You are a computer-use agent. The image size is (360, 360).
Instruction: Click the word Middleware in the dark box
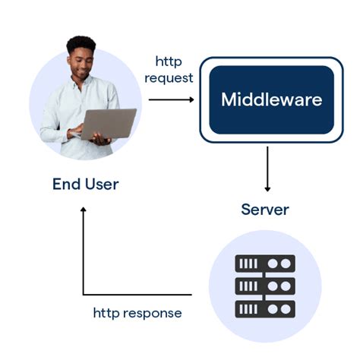(x=271, y=99)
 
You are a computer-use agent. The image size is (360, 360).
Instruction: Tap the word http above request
(x=169, y=61)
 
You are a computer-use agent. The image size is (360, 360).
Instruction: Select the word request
(x=169, y=77)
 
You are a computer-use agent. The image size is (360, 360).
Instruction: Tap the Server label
(x=265, y=209)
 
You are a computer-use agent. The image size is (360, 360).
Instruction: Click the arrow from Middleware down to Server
(x=267, y=169)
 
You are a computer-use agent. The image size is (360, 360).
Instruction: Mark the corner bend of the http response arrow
(x=83, y=295)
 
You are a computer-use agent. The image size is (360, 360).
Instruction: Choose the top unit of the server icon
(x=265, y=264)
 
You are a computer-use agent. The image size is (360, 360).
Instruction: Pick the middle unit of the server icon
(x=265, y=286)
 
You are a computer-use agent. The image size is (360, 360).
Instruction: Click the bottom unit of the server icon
(x=265, y=309)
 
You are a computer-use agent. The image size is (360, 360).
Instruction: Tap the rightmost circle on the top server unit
(x=286, y=264)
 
